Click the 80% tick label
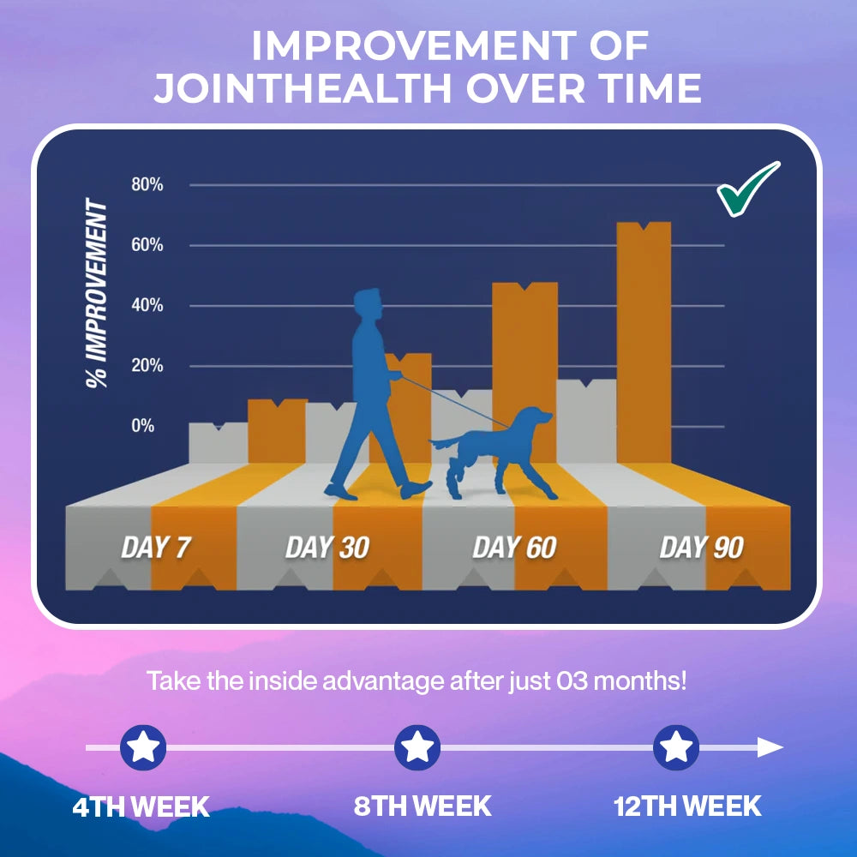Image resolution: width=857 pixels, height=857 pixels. [x=147, y=185]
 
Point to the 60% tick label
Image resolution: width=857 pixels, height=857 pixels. [x=147, y=245]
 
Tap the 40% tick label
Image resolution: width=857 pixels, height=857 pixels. [x=147, y=305]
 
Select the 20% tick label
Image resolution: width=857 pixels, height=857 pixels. [x=147, y=365]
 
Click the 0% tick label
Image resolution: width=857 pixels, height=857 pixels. [x=142, y=425]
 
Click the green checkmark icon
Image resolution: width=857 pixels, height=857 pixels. [x=746, y=189]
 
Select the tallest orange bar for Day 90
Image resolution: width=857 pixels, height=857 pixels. [x=644, y=343]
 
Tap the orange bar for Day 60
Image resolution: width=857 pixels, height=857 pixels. [x=524, y=373]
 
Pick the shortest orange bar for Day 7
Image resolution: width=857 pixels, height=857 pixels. [x=277, y=431]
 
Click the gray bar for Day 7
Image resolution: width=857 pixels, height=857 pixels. [x=218, y=443]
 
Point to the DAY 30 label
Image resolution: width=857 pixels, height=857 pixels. [x=327, y=547]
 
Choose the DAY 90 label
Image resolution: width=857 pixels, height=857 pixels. [x=702, y=547]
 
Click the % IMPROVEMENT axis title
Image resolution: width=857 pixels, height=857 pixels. [x=97, y=293]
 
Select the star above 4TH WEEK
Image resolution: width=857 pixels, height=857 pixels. [x=143, y=747]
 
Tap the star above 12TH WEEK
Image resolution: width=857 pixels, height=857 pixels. [x=676, y=747]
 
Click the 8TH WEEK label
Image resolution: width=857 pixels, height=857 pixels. [x=423, y=806]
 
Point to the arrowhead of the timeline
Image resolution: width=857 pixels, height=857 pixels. [x=770, y=747]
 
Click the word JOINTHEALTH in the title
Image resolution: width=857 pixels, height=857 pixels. [x=303, y=88]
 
